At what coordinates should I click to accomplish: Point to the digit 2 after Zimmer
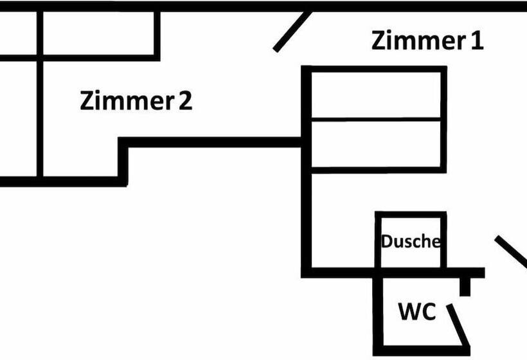pyautogui.click(x=185, y=101)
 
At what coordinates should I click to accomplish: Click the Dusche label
pyautogui.click(x=411, y=242)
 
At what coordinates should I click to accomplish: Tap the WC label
pyautogui.click(x=417, y=312)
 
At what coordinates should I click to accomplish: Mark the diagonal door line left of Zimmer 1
pyautogui.click(x=292, y=32)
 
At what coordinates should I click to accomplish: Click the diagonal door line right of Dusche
pyautogui.click(x=512, y=251)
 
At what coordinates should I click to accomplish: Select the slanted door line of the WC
pyautogui.click(x=460, y=325)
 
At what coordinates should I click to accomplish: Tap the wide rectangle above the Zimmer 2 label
pyautogui.click(x=100, y=33)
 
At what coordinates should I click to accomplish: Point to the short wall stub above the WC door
pyautogui.click(x=465, y=285)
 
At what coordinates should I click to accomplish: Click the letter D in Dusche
pyautogui.click(x=387, y=242)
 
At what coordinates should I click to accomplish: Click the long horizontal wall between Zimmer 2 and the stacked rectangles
pyautogui.click(x=212, y=142)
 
